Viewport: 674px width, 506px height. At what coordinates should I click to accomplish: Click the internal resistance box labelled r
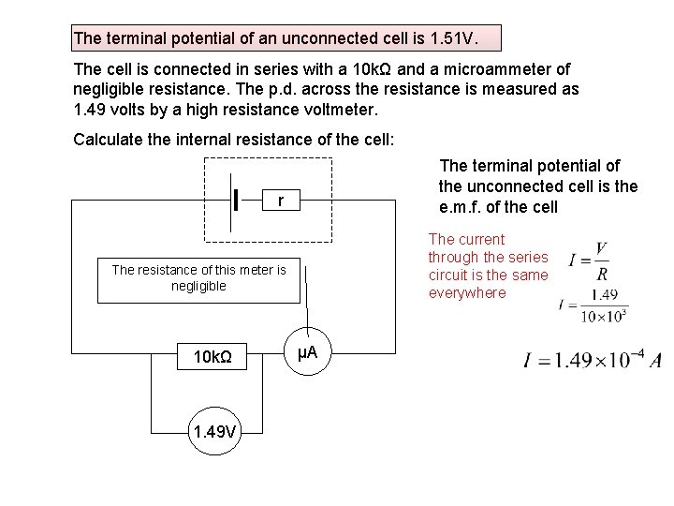point(281,201)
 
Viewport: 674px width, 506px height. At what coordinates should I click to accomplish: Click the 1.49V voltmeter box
point(214,431)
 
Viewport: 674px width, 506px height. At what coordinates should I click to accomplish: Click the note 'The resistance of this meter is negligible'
point(198,277)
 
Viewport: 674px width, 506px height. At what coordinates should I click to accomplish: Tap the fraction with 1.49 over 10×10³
point(599,304)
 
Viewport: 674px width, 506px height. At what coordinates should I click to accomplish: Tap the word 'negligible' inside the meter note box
point(198,286)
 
